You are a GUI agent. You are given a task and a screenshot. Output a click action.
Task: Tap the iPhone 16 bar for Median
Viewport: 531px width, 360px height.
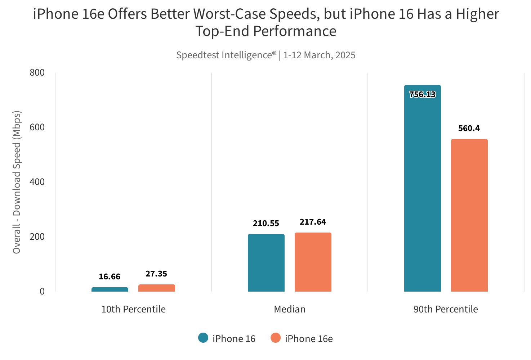(266, 263)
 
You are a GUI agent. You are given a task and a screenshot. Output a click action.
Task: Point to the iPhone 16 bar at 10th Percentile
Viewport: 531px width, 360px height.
(110, 289)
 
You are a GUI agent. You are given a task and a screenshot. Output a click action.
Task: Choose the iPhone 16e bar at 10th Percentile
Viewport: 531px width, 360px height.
(156, 288)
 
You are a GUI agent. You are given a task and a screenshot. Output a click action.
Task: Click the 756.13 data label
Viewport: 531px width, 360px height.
(422, 95)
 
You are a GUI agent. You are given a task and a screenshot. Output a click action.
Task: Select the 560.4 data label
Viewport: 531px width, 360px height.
(469, 129)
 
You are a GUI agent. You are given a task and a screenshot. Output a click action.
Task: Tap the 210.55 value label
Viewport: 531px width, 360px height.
(266, 224)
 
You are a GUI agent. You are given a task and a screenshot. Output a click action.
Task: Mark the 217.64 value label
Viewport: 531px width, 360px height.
(313, 222)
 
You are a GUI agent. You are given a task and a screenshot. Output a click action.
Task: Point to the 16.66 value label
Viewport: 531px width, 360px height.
(110, 277)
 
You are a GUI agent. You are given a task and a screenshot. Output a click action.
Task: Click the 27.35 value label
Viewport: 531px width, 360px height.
(156, 274)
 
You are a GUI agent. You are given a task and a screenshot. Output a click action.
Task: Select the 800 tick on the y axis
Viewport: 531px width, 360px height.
(37, 73)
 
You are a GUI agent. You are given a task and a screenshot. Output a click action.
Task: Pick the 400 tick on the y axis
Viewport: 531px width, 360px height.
(37, 182)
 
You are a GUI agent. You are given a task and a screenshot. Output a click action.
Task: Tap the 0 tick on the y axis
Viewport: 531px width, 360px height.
(42, 292)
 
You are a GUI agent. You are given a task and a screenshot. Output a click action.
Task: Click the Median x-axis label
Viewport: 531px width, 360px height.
(290, 309)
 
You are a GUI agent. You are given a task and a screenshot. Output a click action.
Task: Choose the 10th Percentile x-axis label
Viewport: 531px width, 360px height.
(133, 309)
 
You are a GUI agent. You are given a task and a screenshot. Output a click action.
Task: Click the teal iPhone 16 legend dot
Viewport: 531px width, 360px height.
(203, 338)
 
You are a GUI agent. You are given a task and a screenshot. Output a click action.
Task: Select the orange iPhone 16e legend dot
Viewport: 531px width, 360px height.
(276, 338)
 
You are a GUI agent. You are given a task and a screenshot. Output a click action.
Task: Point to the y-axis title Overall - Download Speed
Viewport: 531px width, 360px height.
(17, 182)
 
